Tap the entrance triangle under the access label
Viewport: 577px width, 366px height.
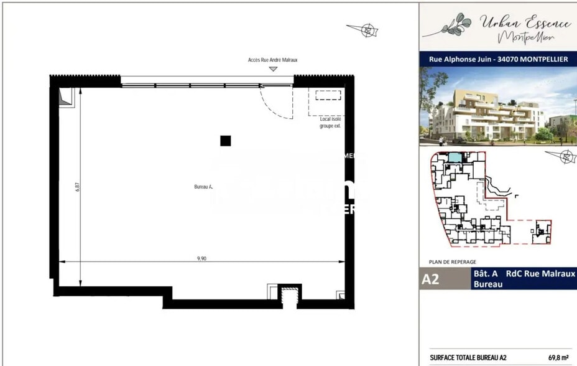pyautogui.click(x=272, y=68)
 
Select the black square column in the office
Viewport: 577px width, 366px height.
pyautogui.click(x=225, y=141)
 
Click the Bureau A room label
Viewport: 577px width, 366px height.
pyautogui.click(x=203, y=186)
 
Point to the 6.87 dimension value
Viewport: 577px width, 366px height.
pyautogui.click(x=78, y=186)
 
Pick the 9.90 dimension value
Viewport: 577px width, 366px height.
pyautogui.click(x=201, y=258)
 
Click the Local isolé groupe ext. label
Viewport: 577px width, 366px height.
pyautogui.click(x=330, y=122)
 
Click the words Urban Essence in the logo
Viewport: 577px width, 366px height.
pyautogui.click(x=525, y=23)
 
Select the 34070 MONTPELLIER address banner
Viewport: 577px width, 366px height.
pyautogui.click(x=498, y=60)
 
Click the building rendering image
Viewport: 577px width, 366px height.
pyautogui.click(x=498, y=106)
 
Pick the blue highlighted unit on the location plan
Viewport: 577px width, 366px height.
pyautogui.click(x=455, y=158)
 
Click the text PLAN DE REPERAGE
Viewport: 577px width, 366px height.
pyautogui.click(x=452, y=262)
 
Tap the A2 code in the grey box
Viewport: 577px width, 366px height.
pyautogui.click(x=430, y=279)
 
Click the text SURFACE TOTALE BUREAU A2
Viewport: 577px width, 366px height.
pyautogui.click(x=468, y=358)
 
